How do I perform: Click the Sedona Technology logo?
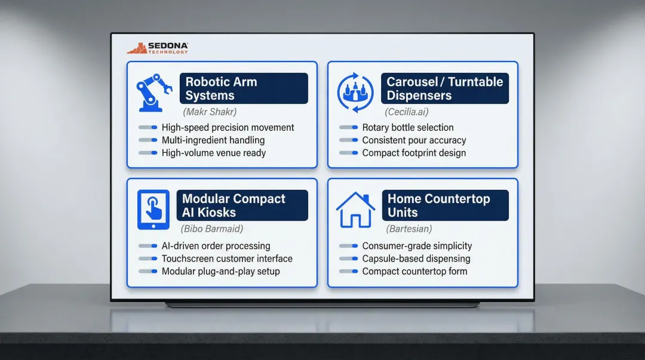158,48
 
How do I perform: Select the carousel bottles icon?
355,93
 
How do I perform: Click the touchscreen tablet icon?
153,210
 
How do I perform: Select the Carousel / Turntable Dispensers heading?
445,88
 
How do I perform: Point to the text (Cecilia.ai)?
407,112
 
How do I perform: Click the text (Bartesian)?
408,229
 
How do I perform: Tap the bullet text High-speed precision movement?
228,127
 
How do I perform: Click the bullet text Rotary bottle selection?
407,127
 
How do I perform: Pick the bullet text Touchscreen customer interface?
227,259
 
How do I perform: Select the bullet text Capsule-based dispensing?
416,259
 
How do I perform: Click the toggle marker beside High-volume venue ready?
148,153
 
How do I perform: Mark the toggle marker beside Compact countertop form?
349,271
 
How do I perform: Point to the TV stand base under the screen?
322,305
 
